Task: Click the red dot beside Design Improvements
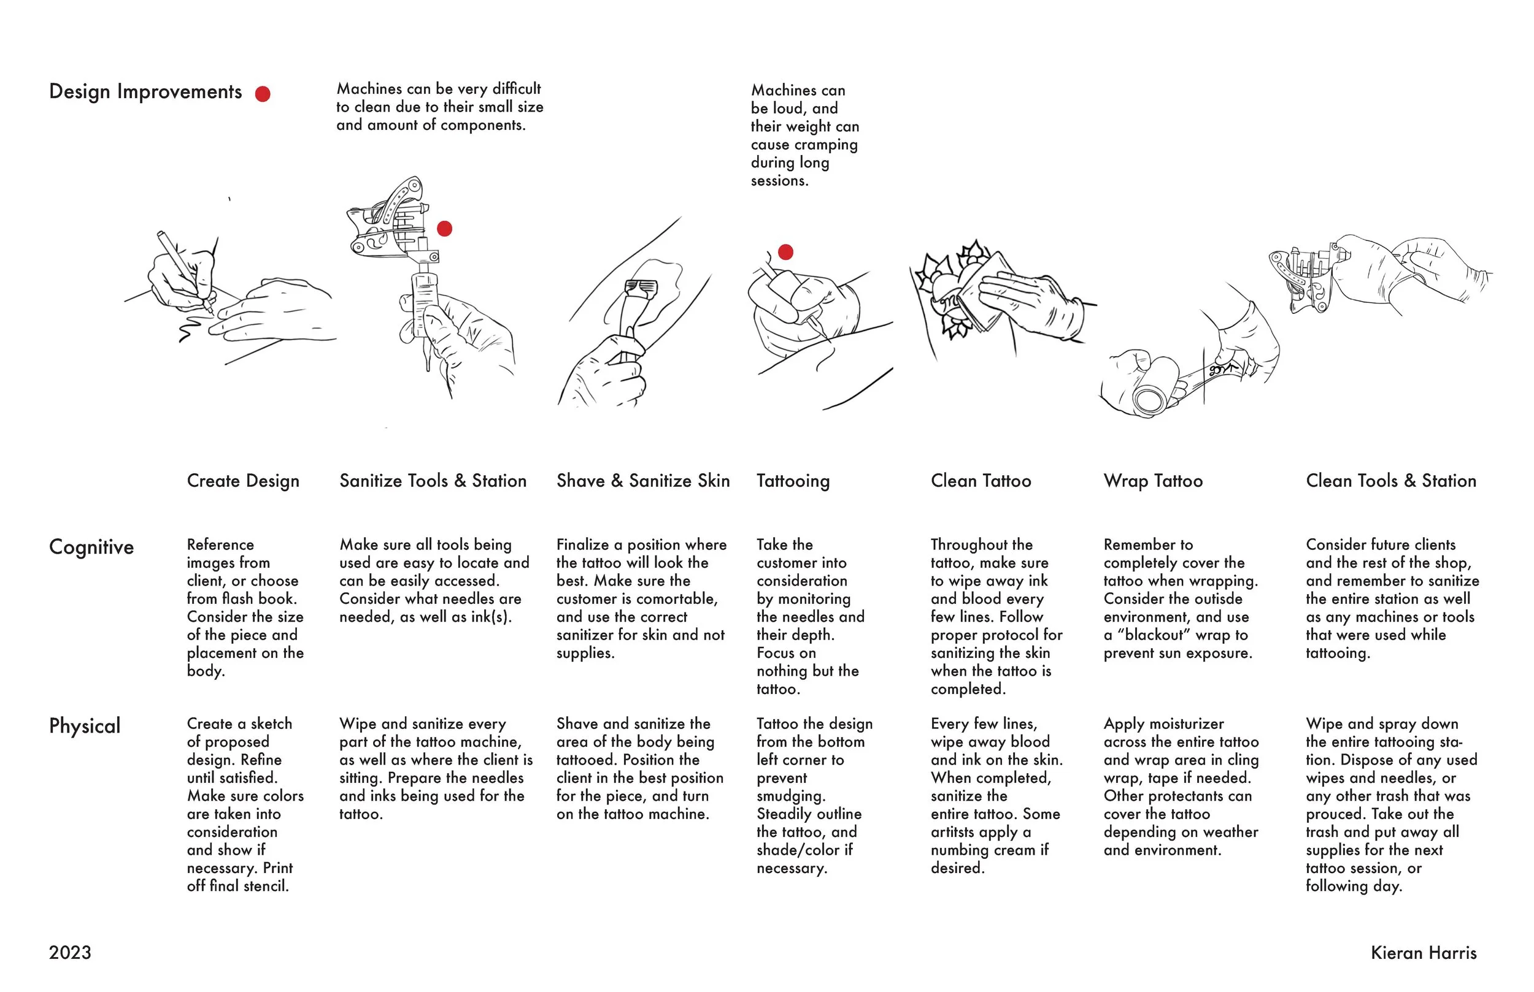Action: coord(263,94)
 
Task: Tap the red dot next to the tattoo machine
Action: coord(444,229)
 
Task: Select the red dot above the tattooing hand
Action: coord(785,252)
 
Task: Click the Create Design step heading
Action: coord(243,481)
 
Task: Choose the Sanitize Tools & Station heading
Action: coord(433,481)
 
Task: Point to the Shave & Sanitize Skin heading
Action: coord(642,481)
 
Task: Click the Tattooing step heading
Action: coord(793,481)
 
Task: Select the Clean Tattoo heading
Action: coord(981,481)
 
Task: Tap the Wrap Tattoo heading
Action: coord(1152,481)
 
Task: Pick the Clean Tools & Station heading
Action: coord(1390,481)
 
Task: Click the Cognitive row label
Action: coord(91,548)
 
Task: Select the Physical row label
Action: coord(85,726)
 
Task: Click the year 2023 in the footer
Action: coord(69,953)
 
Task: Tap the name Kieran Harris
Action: coord(1423,953)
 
